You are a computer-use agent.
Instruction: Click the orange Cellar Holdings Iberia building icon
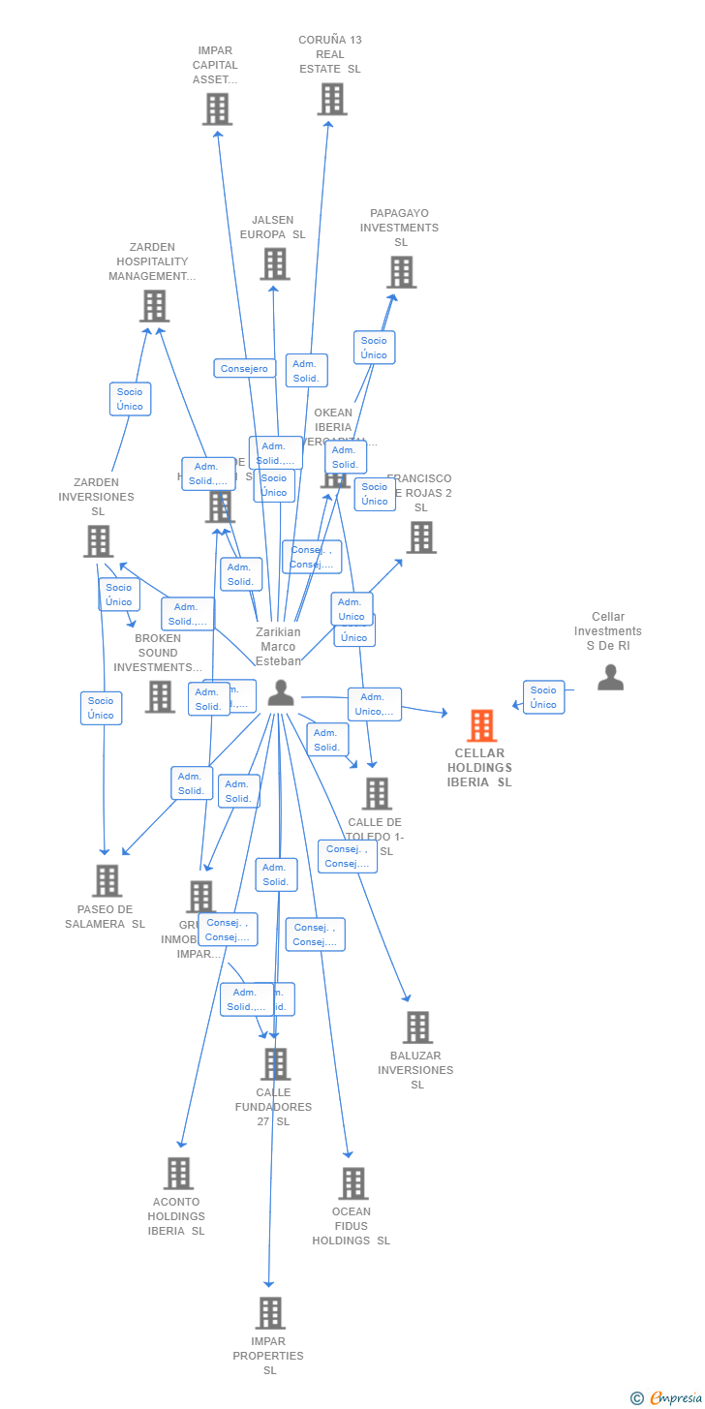[481, 725]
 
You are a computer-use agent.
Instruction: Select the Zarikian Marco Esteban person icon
[281, 692]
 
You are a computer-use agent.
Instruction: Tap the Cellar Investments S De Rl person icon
[610, 677]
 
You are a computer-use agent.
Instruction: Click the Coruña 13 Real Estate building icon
[331, 99]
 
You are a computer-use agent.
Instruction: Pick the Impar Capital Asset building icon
[217, 109]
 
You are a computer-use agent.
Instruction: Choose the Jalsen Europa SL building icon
[274, 263]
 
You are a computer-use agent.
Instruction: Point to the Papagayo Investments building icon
[400, 272]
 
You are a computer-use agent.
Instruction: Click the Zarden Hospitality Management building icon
[154, 306]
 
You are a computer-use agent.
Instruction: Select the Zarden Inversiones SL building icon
[98, 541]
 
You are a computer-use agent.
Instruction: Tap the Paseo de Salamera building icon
[107, 880]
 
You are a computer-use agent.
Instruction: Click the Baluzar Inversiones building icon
[416, 1027]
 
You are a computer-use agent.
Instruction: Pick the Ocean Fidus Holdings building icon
[352, 1183]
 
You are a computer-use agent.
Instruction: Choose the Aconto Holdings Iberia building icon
[178, 1174]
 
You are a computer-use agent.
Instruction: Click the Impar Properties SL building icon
[270, 1313]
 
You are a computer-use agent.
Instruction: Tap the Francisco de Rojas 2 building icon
[420, 537]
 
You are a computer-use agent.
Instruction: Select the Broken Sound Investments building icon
[160, 696]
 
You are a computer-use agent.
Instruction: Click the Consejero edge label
[244, 369]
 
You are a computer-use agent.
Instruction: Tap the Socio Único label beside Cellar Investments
[543, 697]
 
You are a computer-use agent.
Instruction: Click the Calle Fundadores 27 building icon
[275, 1064]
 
